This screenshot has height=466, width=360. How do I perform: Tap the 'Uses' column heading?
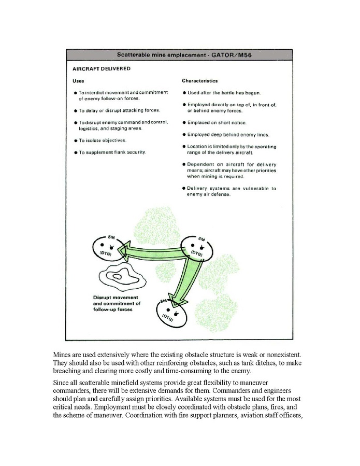point(78,81)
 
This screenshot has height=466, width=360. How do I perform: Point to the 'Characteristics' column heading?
point(199,81)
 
